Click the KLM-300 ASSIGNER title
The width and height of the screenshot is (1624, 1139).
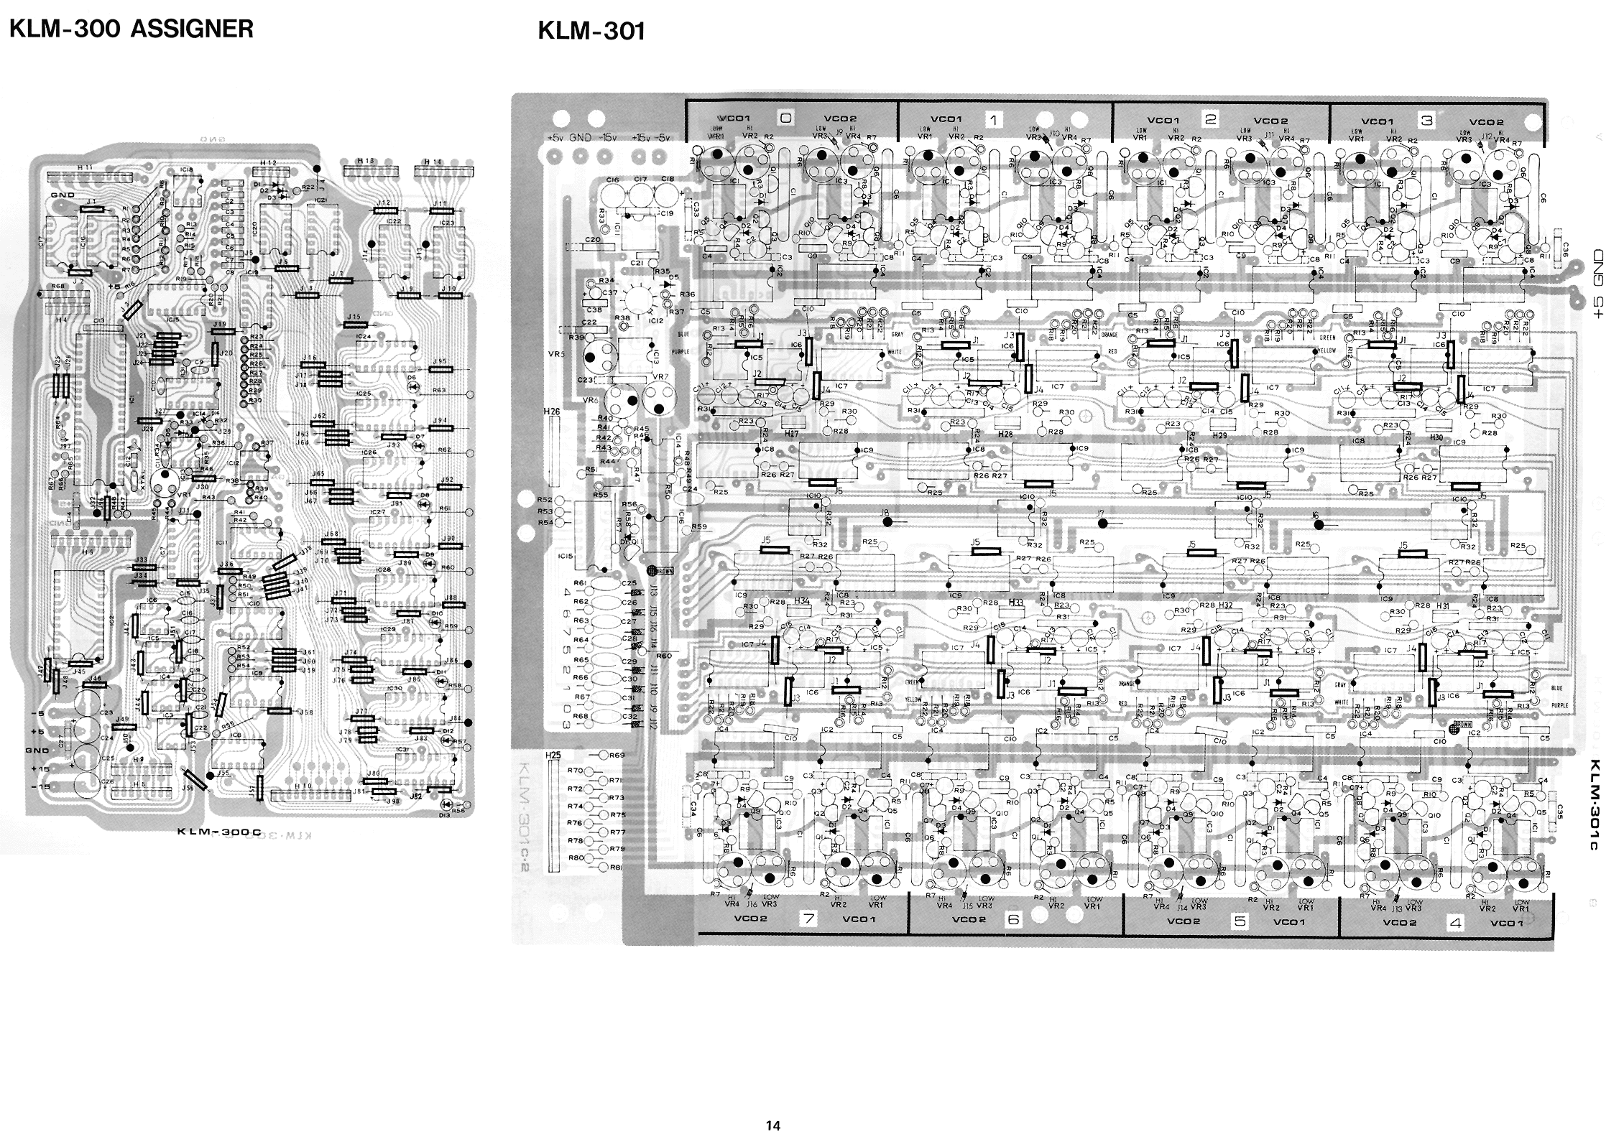click(x=130, y=28)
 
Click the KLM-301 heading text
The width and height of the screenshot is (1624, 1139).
click(x=591, y=32)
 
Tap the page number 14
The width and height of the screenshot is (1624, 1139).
click(x=772, y=1125)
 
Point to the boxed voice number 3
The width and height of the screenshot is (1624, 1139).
click(x=1427, y=121)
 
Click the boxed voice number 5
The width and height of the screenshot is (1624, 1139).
click(x=1240, y=921)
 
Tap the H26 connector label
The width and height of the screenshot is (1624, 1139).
click(x=551, y=412)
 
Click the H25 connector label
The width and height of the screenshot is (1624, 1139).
click(x=553, y=756)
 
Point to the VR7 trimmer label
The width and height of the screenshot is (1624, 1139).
click(x=659, y=378)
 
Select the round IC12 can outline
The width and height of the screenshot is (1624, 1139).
click(x=638, y=300)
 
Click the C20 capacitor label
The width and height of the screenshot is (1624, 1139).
click(x=593, y=240)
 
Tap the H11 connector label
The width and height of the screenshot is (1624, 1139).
click(x=85, y=167)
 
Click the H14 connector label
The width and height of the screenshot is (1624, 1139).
click(x=433, y=162)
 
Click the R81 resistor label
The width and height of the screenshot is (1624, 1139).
click(x=616, y=867)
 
